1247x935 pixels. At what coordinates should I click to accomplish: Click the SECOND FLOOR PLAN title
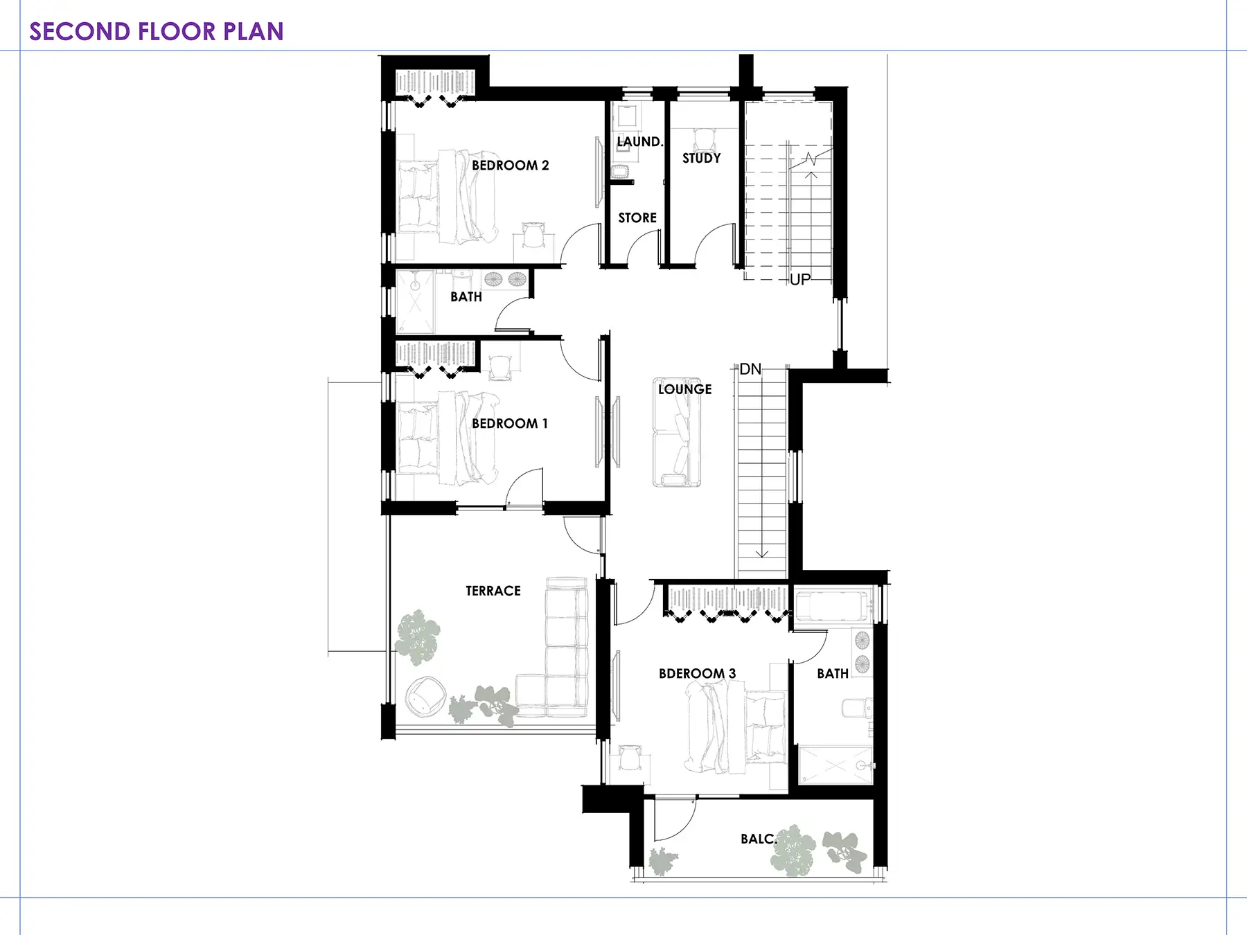157,31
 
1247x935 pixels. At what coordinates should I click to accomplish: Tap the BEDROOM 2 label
511,166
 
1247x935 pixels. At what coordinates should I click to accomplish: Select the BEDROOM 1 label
510,423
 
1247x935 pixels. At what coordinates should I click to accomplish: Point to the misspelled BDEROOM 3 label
697,673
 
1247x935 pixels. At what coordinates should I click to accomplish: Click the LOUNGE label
685,389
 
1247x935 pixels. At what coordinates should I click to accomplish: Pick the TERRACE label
493,591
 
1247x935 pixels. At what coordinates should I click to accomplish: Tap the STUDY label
702,158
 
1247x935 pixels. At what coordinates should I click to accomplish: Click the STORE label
637,217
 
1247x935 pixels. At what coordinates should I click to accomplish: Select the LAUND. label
640,141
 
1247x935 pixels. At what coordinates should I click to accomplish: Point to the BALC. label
759,839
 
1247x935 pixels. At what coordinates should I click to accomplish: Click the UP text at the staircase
800,279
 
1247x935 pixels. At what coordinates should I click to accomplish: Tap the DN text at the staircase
750,369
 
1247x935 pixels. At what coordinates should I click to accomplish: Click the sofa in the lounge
677,432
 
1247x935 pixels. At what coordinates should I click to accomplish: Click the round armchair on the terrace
424,697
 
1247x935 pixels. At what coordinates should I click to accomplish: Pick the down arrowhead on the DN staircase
762,553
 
